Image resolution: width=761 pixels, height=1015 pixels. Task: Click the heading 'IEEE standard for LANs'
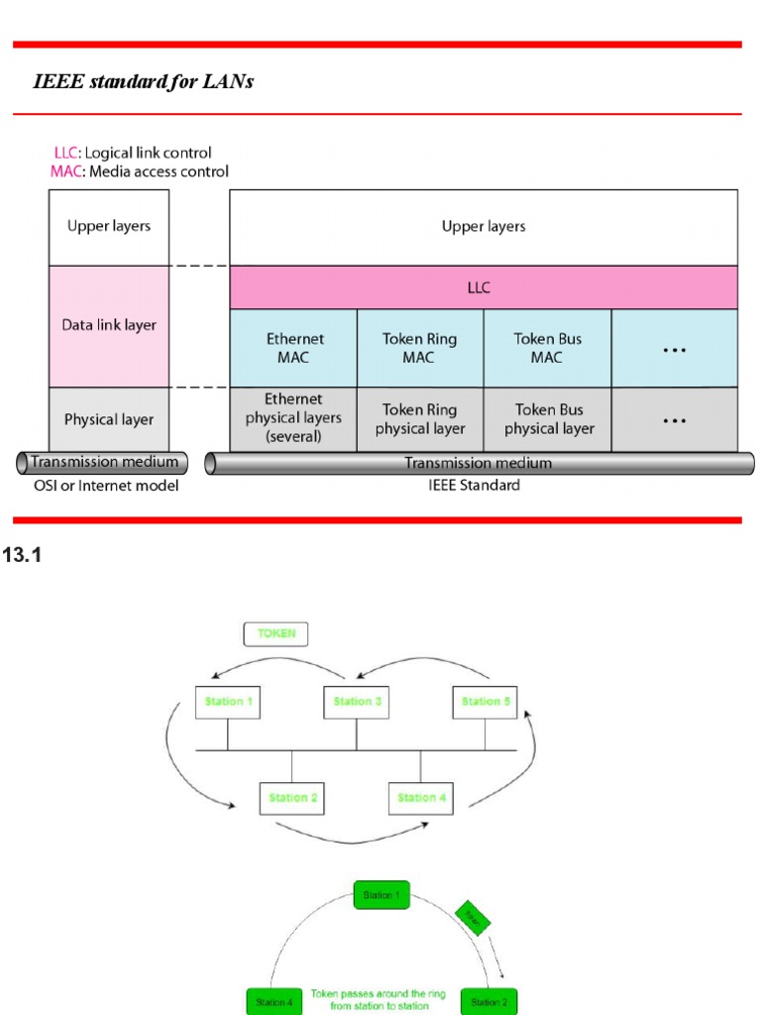[144, 82]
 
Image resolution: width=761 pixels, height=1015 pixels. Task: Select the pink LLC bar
[483, 287]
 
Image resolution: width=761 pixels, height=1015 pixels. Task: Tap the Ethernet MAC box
[294, 347]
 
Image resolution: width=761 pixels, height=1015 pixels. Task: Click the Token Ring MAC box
[419, 347]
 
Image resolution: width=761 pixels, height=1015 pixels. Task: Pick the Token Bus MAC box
[547, 347]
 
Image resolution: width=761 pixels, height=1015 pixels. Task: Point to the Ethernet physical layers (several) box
[294, 418]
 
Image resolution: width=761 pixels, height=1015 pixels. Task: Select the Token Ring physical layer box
[419, 418]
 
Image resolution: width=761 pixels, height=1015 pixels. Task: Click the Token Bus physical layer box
[547, 418]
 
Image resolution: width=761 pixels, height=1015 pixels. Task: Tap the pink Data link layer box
[109, 325]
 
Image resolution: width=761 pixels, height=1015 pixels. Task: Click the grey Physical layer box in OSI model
[109, 419]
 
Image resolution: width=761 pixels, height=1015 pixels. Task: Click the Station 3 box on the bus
[353, 702]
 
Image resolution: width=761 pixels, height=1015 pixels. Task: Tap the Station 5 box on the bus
[486, 702]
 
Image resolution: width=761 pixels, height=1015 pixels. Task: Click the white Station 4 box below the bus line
[421, 797]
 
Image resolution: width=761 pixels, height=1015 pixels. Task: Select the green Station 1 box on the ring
[381, 895]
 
